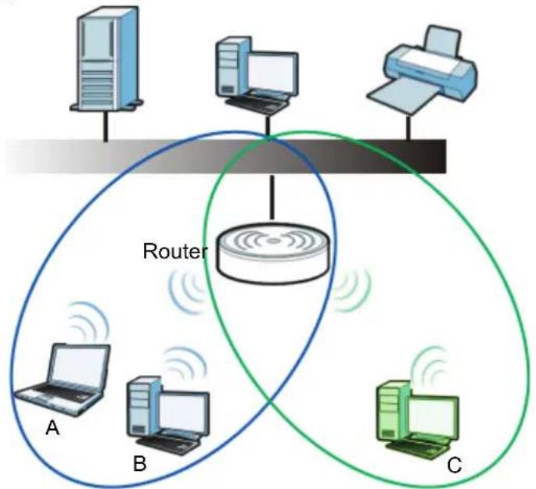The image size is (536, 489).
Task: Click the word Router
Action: tap(175, 252)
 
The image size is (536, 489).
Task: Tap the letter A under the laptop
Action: tap(52, 427)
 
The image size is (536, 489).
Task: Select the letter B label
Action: tap(140, 464)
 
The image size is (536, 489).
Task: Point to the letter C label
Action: tap(455, 465)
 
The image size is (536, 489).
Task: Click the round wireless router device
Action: tap(273, 253)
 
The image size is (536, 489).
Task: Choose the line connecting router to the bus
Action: tap(272, 196)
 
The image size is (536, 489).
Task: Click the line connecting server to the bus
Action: tap(106, 125)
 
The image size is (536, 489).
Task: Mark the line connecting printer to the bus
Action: tap(408, 127)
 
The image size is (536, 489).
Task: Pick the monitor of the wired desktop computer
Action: tap(272, 73)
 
